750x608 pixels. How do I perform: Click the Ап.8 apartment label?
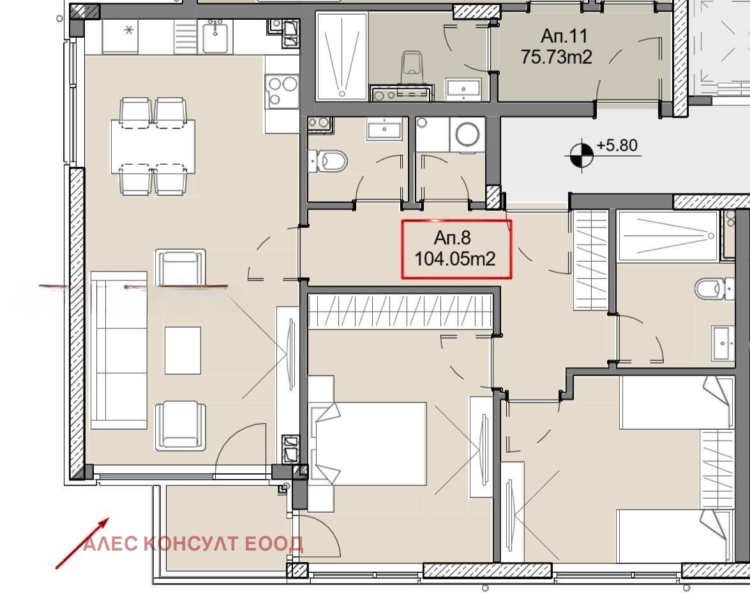[x=452, y=238]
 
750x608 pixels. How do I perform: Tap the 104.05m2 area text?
[x=455, y=259]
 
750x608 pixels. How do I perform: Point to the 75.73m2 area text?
[x=557, y=57]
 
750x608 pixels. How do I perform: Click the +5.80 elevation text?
[x=617, y=144]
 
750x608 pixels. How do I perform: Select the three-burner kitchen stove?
[x=282, y=91]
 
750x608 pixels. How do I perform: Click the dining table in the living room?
[x=153, y=146]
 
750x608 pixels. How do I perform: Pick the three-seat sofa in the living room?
[x=119, y=351]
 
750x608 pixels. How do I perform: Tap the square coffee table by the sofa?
[x=183, y=351]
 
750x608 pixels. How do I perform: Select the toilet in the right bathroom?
[x=714, y=289]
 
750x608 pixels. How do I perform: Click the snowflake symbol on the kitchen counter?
[x=129, y=31]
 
